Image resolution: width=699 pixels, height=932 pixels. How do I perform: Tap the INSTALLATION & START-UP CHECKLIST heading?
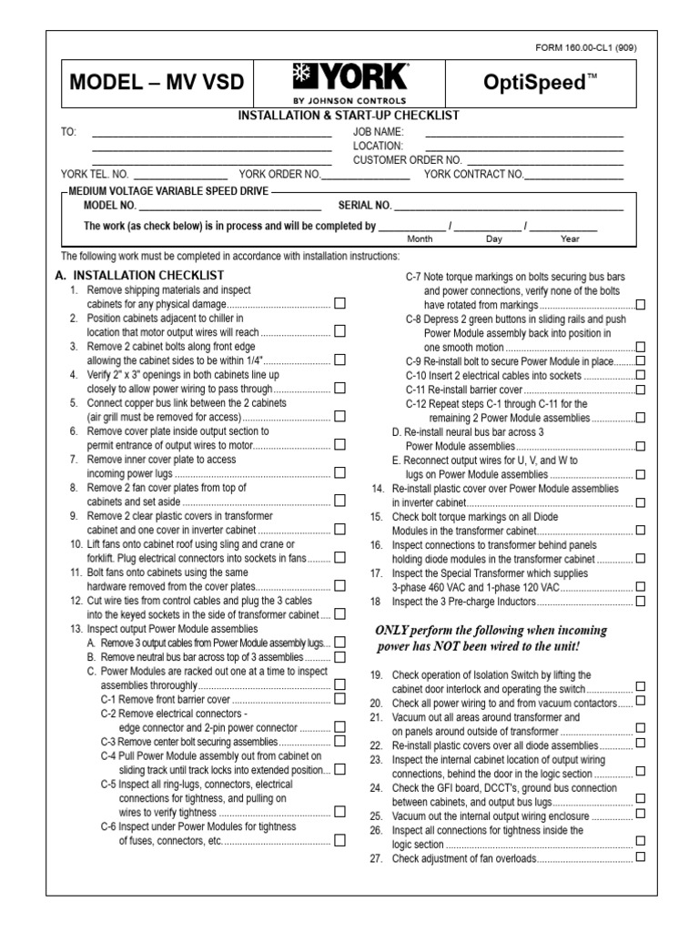coord(349,116)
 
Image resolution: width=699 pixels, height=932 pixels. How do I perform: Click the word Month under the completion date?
coord(420,238)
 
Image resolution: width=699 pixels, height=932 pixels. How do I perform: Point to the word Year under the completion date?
coord(570,238)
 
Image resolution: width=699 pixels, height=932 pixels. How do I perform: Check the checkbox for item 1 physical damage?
coord(339,304)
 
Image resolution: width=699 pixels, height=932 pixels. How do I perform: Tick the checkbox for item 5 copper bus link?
coord(339,417)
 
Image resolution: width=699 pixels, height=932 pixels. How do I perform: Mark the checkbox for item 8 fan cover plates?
coord(339,501)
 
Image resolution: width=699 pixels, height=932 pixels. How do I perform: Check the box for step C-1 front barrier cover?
coord(339,699)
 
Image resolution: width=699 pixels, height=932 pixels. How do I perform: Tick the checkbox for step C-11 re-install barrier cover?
coord(641,389)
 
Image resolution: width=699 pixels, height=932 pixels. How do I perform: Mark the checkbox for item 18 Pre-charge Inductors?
coord(641,601)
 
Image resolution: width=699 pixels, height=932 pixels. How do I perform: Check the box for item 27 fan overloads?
coord(641,857)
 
